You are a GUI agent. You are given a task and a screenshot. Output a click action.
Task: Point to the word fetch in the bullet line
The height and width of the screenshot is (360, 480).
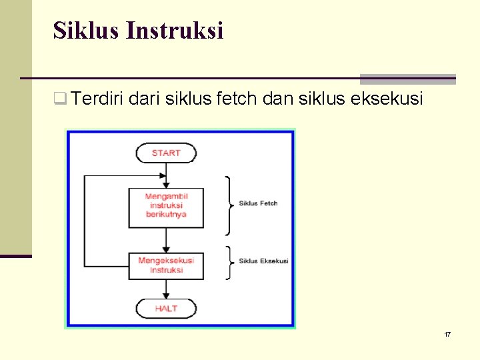click(x=238, y=99)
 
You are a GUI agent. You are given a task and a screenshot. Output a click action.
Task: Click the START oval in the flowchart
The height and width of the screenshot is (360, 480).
click(x=166, y=153)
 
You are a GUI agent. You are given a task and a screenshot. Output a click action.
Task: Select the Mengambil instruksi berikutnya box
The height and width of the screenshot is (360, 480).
click(x=166, y=207)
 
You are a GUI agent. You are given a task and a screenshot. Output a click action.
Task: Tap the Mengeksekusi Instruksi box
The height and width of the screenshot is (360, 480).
click(x=166, y=265)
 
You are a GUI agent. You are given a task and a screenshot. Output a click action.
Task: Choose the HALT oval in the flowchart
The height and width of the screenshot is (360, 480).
click(x=166, y=309)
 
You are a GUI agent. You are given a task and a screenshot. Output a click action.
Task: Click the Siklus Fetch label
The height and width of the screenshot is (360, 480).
click(x=258, y=203)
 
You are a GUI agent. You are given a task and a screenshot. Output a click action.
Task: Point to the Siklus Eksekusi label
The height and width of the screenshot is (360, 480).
click(x=263, y=261)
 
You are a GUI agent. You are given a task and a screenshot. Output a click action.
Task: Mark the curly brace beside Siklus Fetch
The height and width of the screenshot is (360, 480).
click(x=229, y=205)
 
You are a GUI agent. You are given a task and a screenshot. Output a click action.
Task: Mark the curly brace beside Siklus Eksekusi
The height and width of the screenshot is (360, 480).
click(x=229, y=261)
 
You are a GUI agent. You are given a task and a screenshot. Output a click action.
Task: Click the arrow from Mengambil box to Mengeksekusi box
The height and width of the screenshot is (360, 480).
click(x=166, y=240)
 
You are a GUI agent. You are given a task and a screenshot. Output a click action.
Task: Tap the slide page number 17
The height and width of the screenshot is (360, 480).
click(x=447, y=333)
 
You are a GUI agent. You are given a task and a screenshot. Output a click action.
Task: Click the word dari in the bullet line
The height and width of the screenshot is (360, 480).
click(x=145, y=99)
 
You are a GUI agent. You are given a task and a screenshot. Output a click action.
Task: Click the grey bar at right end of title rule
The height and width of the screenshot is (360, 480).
click(x=407, y=79)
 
